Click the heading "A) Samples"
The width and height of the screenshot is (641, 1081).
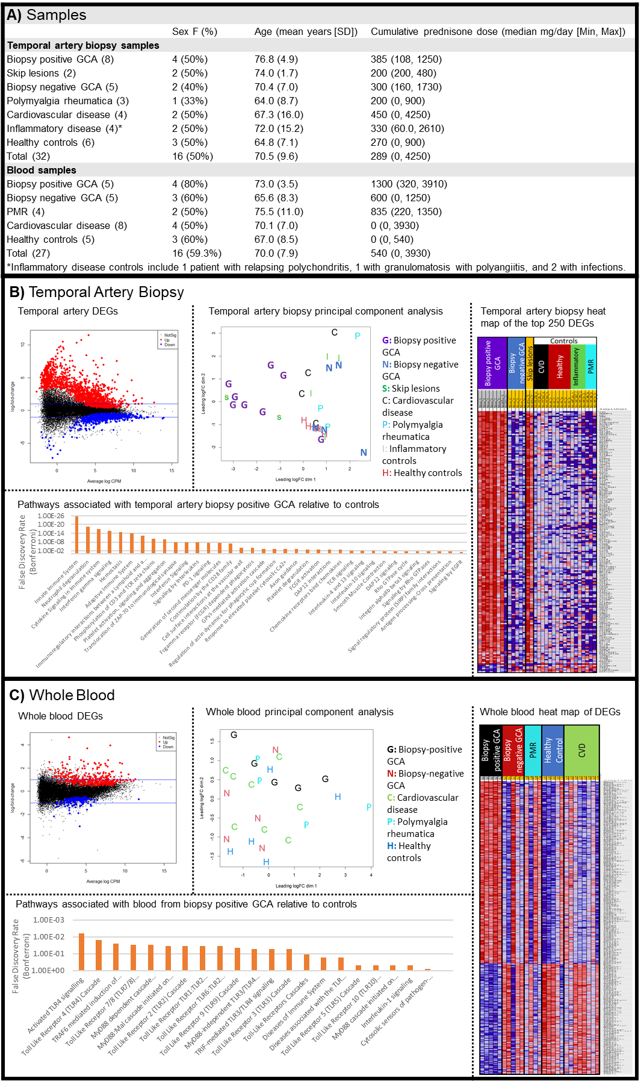pos(46,15)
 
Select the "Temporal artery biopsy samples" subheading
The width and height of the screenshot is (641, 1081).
pos(83,45)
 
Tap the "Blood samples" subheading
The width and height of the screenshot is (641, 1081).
pos(42,170)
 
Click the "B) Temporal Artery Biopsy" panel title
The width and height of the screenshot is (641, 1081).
pos(97,292)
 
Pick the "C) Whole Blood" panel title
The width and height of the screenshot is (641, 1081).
pos(62,695)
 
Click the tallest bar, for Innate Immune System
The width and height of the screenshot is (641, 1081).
pos(76,534)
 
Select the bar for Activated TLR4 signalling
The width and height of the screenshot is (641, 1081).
pos(82,951)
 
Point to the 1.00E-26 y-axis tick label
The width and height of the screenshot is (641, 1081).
pos(51,516)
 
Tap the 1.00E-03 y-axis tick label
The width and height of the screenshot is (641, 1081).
pos(48,920)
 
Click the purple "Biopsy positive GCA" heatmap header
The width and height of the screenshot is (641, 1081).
pos(492,363)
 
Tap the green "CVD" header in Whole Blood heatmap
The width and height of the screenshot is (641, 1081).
pos(581,750)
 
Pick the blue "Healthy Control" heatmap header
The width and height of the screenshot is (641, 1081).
pos(553,750)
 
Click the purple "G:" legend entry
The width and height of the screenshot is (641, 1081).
pos(387,340)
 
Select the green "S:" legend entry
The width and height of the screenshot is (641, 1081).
pos(386,389)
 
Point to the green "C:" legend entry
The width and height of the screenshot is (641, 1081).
pos(391,798)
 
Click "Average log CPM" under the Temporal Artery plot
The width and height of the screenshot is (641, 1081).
pos(104,481)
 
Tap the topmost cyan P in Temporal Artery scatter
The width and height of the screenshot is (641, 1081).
pos(358,336)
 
